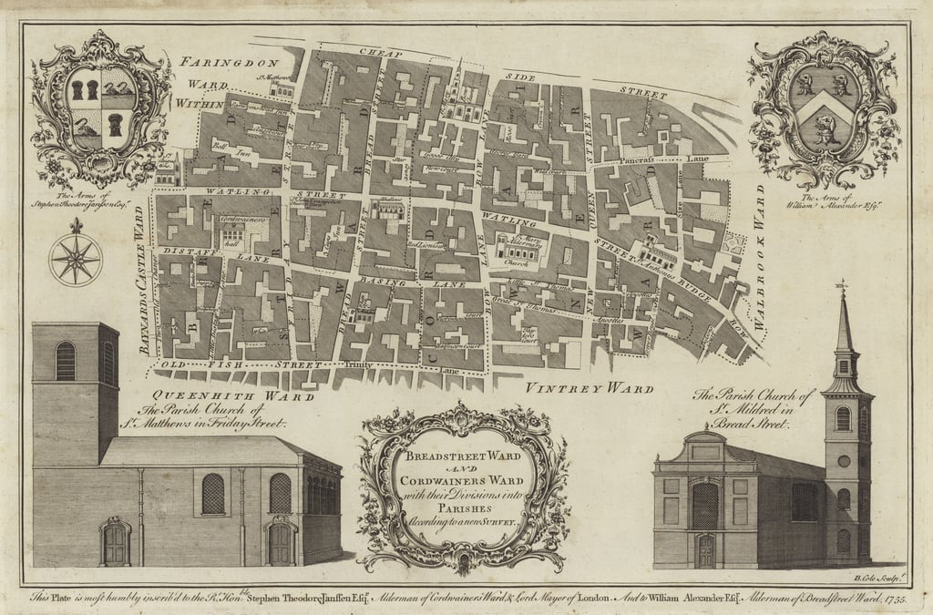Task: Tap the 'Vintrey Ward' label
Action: (x=590, y=389)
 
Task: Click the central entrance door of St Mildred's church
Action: (x=705, y=549)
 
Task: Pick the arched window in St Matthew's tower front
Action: (x=66, y=361)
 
